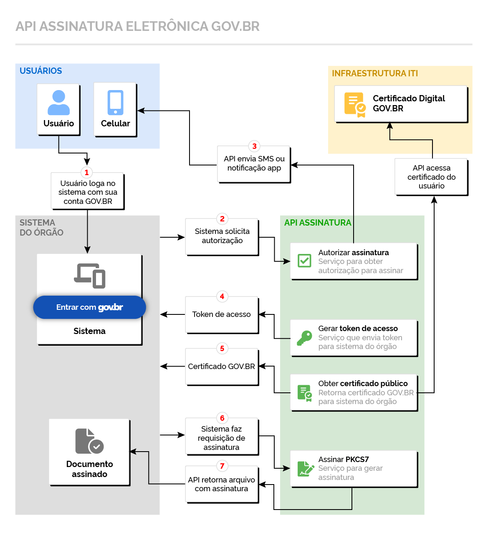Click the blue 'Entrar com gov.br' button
89,307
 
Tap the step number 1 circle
87,173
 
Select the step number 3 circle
254,146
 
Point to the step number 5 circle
222,349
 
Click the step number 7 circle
222,466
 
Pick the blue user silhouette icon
58,103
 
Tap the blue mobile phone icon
116,103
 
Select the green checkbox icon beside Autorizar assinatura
304,261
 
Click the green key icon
304,338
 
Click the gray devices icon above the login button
90,276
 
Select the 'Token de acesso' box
222,315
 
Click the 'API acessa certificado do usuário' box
431,177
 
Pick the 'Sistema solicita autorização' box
222,236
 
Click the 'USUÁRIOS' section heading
41,71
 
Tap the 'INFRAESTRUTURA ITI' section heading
374,73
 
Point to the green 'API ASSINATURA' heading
318,223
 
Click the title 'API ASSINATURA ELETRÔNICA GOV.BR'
137,26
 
